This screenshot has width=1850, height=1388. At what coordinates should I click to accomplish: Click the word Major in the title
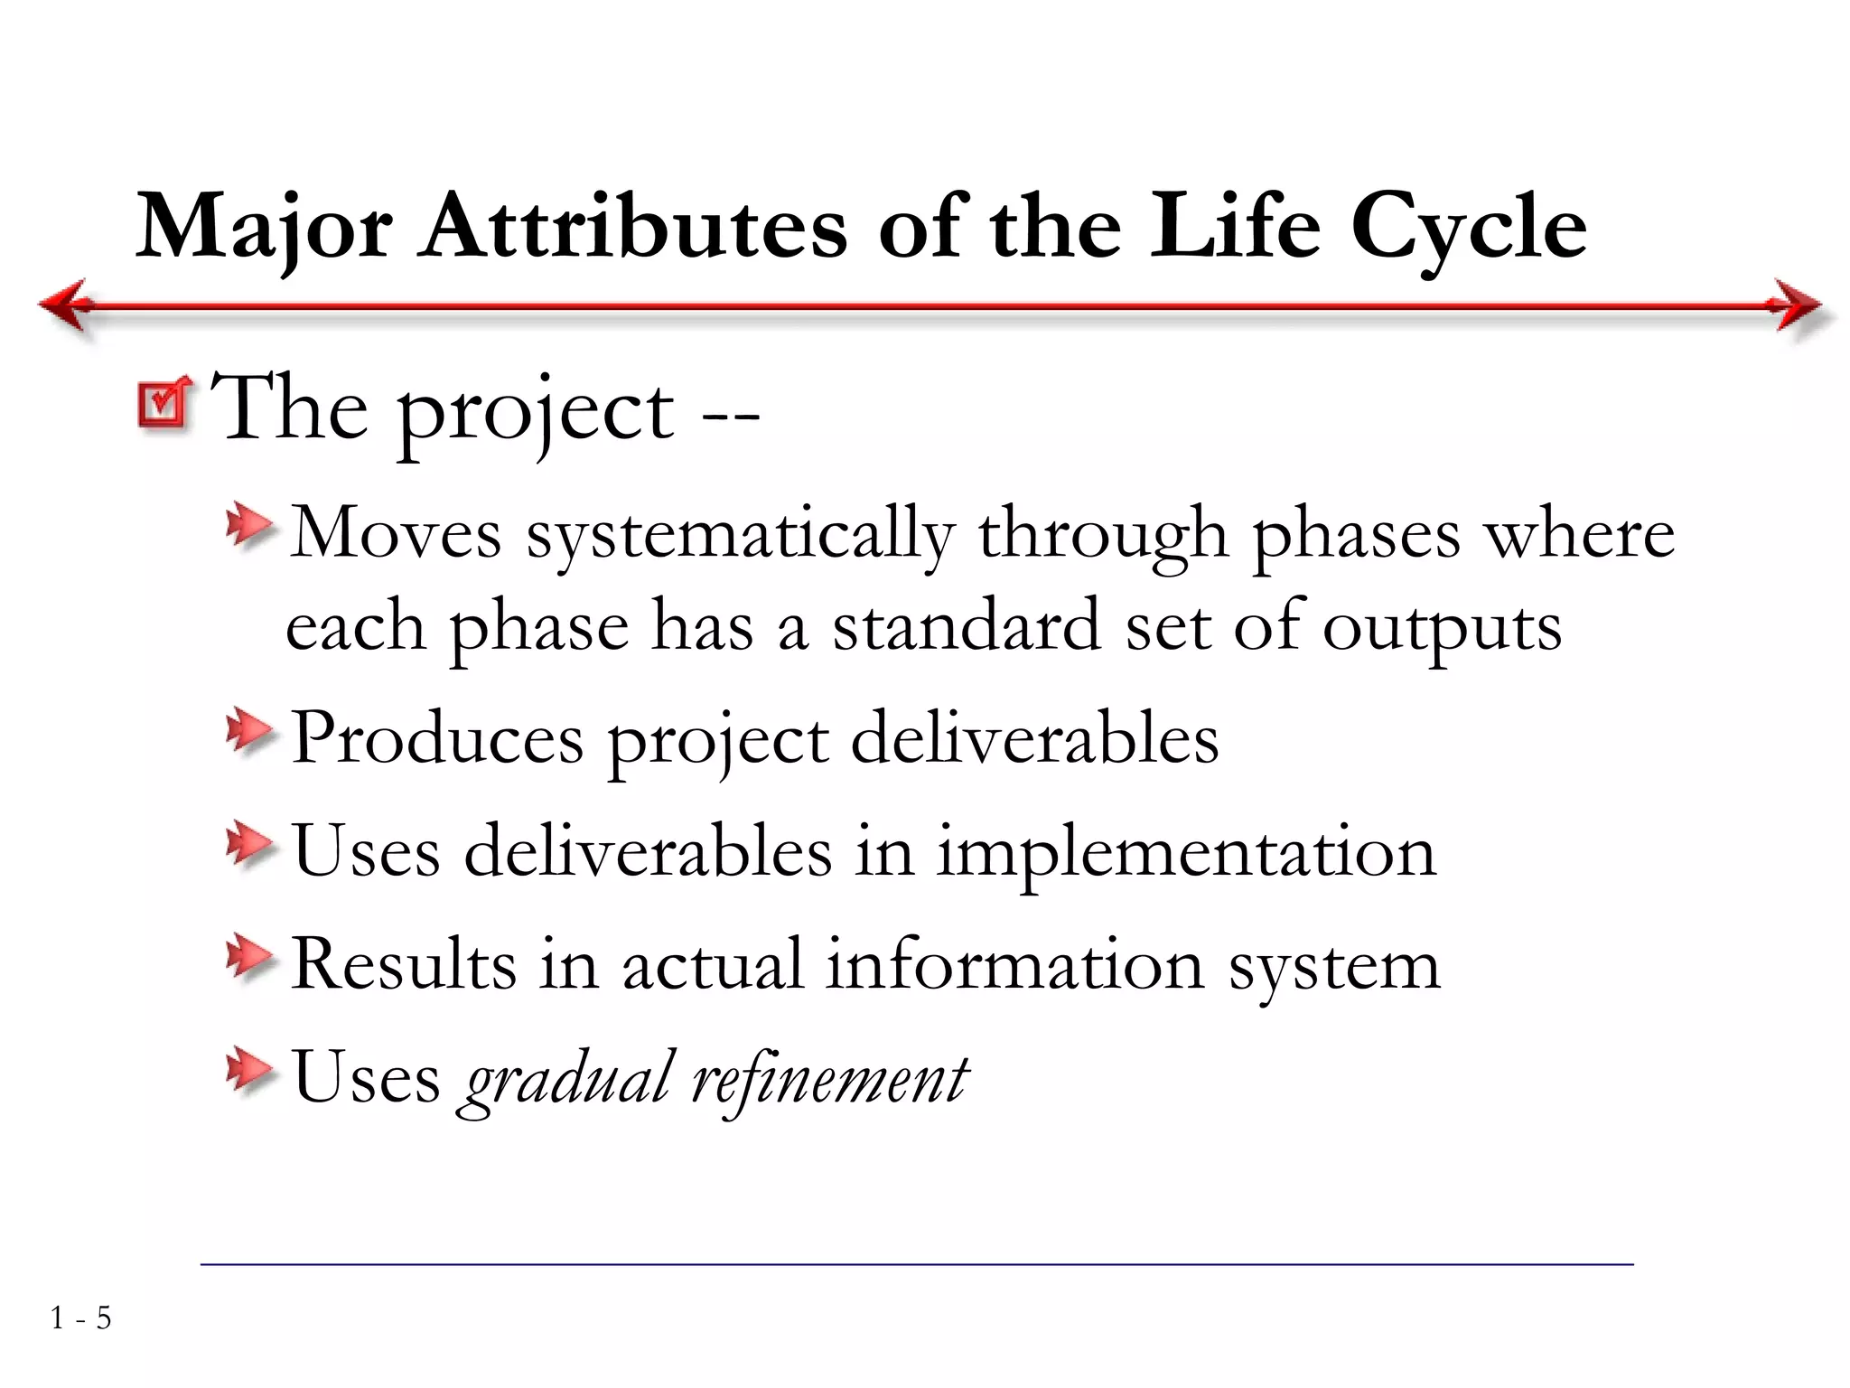[x=263, y=227]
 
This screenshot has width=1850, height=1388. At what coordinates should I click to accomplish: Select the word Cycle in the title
[x=1467, y=228]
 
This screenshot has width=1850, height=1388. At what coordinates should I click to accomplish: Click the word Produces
[x=437, y=739]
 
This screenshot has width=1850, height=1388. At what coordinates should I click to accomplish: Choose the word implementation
[x=1185, y=852]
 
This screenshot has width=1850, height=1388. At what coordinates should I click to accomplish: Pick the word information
[x=1014, y=964]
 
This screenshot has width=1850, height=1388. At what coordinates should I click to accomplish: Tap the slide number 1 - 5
[x=80, y=1318]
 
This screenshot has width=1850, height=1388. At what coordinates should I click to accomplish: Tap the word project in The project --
[x=535, y=412]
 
